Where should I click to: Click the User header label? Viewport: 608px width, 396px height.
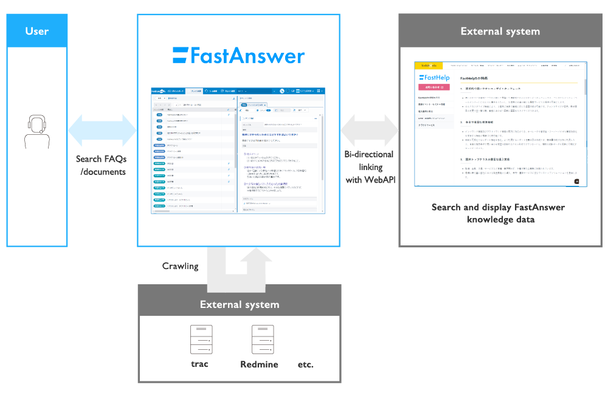37,31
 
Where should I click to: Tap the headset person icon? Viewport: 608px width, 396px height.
36,132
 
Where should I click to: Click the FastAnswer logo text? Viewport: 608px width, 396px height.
238,56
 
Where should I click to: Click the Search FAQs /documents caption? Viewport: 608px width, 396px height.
102,165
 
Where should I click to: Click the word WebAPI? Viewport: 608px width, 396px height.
379,180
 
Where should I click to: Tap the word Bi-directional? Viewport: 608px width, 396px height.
369,154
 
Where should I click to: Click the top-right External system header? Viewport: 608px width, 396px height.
500,31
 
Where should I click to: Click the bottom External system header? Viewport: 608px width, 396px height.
240,304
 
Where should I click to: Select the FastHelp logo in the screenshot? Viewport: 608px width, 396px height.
434,78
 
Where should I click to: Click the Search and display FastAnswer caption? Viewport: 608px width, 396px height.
498,213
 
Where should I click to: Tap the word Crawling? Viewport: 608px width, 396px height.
180,265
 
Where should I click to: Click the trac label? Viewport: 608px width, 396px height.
199,364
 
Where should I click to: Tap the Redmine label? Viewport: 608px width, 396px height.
259,364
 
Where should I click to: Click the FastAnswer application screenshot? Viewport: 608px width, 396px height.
238,149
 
